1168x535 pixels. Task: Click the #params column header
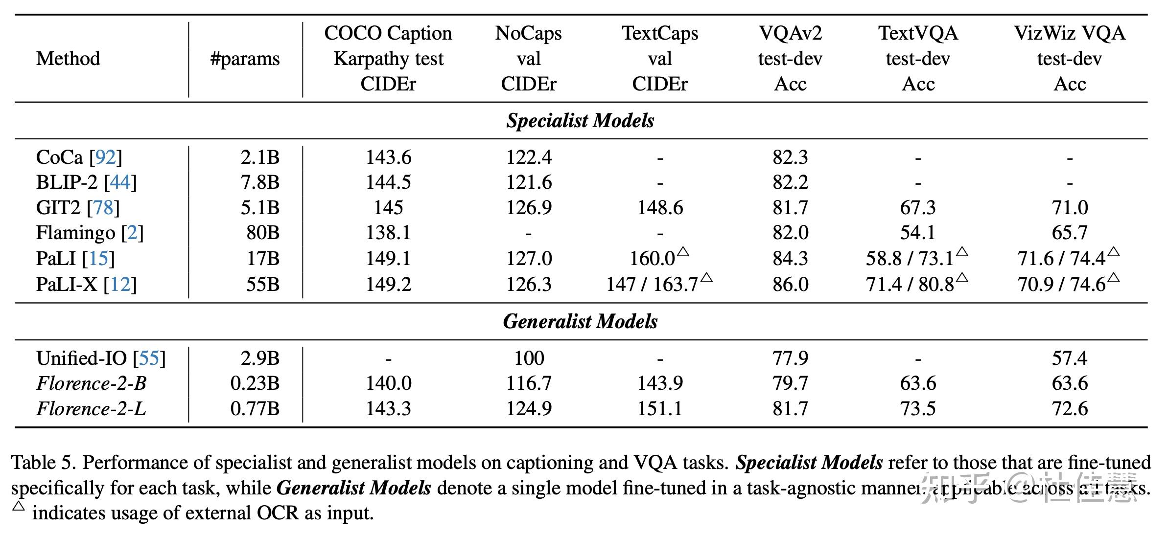[245, 59]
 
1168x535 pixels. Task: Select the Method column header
[68, 59]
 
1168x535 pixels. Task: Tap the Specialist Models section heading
[580, 121]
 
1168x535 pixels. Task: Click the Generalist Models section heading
[580, 321]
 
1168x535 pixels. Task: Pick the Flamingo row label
[75, 233]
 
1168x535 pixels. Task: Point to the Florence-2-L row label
[91, 409]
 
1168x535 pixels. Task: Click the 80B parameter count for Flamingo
[263, 233]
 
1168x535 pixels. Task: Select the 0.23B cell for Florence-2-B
[255, 383]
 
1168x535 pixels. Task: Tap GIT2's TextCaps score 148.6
[660, 208]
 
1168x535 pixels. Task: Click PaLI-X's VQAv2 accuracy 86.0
[790, 284]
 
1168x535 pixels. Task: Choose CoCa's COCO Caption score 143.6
[388, 157]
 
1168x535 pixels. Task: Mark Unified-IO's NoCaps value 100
[529, 358]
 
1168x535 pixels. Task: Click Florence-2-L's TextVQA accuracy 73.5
[917, 409]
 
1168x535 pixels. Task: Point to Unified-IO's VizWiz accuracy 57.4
[1069, 358]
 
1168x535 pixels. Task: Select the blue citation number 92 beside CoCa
[105, 157]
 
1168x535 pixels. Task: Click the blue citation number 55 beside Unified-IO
[149, 358]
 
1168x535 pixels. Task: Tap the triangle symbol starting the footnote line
[19, 506]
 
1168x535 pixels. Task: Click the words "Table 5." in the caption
[43, 463]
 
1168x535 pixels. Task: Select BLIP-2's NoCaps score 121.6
[529, 182]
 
